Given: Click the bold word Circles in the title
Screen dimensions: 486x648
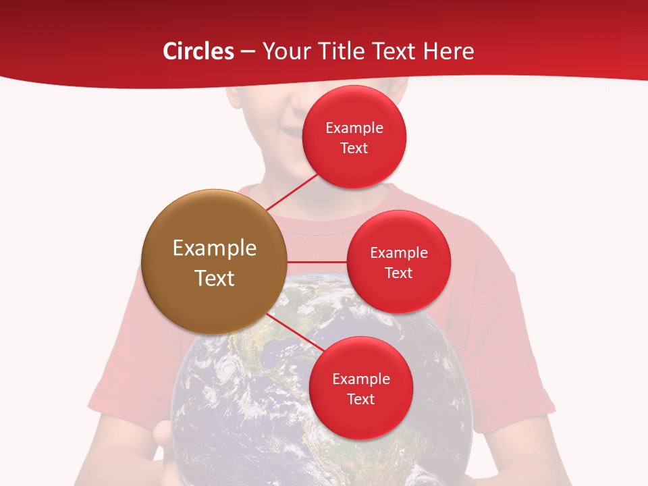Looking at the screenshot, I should coord(198,51).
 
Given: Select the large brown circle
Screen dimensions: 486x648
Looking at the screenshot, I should coord(214,262).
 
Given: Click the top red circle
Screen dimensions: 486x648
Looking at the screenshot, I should coord(354,137).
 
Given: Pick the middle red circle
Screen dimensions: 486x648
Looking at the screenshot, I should coord(398,262).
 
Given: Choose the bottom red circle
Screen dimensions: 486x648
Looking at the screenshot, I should coord(360,388).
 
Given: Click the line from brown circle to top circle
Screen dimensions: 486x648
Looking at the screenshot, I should coord(292,192).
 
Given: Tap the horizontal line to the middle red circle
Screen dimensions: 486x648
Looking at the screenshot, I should coord(317,262).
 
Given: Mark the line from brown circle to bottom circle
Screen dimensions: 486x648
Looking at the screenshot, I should coord(292,332).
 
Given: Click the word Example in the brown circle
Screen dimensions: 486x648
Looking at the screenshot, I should coord(215,248).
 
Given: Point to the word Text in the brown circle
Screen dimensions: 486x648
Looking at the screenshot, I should coord(215,278).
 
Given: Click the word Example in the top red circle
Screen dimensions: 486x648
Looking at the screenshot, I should coord(354,128).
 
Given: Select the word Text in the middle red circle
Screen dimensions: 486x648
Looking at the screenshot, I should coord(398,273).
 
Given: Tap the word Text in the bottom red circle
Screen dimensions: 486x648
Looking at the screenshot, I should coord(360,399).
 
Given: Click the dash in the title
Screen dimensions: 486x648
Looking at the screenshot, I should coord(248,51).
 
